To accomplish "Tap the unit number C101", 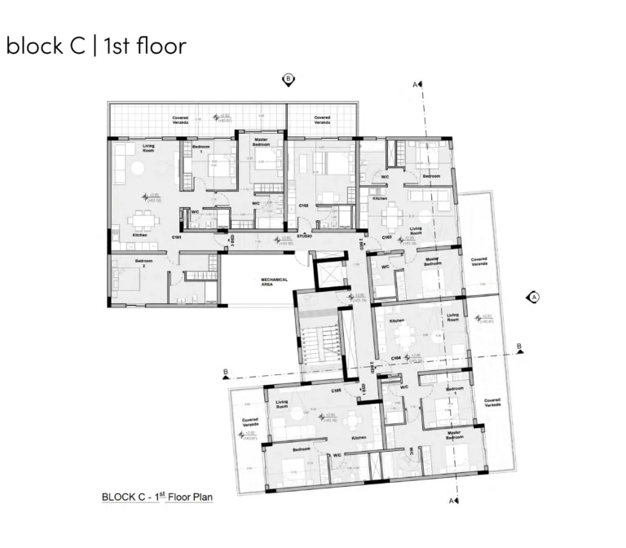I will pyautogui.click(x=176, y=237).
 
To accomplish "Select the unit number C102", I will pyautogui.click(x=302, y=206).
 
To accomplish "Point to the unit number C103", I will pyautogui.click(x=387, y=237).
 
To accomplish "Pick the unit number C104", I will pyautogui.click(x=395, y=358).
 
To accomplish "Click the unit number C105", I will pyautogui.click(x=336, y=391).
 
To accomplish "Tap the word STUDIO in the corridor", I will pyautogui.click(x=305, y=236).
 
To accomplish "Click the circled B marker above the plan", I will pyautogui.click(x=287, y=79).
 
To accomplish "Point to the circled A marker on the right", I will pyautogui.click(x=535, y=297).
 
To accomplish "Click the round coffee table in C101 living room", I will pyautogui.click(x=139, y=166).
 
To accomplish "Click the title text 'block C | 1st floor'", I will pyautogui.click(x=95, y=46).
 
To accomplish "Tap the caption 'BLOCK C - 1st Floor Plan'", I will pyautogui.click(x=156, y=496).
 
